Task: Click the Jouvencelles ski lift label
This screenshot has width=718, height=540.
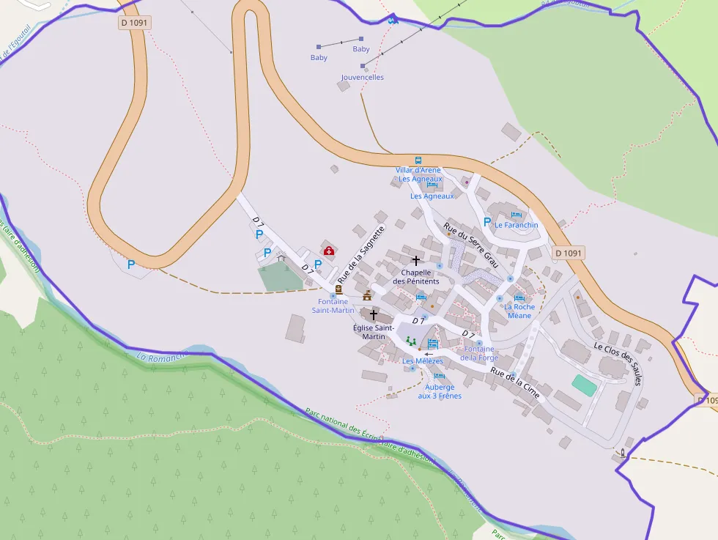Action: [x=362, y=77]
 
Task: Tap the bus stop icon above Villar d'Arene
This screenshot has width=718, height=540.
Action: [x=418, y=160]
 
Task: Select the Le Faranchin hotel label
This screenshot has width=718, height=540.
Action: [x=517, y=225]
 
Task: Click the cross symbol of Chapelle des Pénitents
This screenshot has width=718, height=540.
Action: [x=416, y=260]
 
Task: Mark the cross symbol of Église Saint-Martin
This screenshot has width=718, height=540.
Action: [x=374, y=314]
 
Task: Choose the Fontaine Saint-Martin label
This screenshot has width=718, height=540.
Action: [x=333, y=306]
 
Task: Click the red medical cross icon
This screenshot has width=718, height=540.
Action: [x=329, y=251]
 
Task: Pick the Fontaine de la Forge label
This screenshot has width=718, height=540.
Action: [x=479, y=353]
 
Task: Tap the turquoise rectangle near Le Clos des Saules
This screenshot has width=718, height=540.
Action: [x=584, y=385]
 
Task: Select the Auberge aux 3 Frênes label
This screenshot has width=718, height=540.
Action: [x=440, y=391]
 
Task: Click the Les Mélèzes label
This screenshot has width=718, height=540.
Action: [x=423, y=360]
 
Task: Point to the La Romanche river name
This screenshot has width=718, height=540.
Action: [x=163, y=357]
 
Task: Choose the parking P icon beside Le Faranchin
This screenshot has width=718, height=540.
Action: [x=487, y=221]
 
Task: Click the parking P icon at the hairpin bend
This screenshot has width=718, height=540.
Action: [x=131, y=265]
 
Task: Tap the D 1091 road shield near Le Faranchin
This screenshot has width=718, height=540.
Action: [x=568, y=254]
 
